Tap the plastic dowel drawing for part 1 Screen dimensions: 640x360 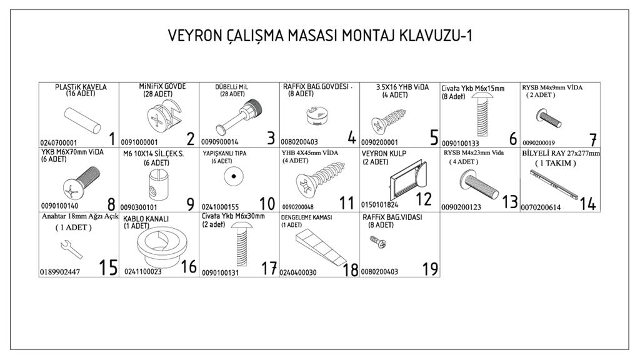82,121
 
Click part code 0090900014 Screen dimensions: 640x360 219,142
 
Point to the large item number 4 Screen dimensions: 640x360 352,138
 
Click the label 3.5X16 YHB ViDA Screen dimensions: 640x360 402,87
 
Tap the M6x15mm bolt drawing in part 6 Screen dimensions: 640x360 482,115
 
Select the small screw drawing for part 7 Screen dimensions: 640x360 549,118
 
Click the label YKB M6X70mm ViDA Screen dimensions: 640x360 72,152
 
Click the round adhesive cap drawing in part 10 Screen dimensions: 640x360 234,177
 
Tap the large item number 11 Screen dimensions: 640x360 346,203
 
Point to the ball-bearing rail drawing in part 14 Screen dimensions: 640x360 554,185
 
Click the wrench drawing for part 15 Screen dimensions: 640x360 71,249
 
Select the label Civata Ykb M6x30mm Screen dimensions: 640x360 233,216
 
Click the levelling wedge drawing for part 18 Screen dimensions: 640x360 321,246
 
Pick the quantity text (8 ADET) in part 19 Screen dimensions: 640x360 381,225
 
